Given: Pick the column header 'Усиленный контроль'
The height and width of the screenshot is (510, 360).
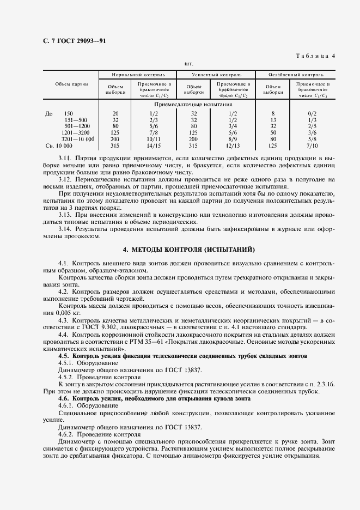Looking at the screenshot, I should click(217, 75).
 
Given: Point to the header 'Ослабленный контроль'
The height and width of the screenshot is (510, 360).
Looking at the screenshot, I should click(296, 75).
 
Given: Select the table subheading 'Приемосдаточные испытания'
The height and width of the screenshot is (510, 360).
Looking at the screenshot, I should click(193, 104).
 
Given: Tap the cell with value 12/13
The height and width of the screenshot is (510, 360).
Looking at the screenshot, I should click(233, 146).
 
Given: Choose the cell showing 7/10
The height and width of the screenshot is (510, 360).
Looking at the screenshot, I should click(312, 146).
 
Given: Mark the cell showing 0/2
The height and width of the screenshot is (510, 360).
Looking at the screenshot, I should click(312, 113).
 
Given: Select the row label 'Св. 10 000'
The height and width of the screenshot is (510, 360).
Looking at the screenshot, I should click(59, 146).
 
